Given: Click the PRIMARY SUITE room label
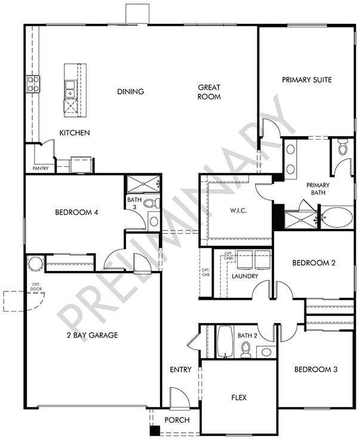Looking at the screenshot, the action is [x=307, y=79].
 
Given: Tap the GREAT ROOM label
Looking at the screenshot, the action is [x=209, y=92].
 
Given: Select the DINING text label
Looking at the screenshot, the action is [x=131, y=91].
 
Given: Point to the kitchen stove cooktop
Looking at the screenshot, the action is [x=33, y=84].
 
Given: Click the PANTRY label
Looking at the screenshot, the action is [x=41, y=168].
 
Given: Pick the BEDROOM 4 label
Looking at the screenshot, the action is [x=76, y=212].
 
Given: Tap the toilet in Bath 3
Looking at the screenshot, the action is [x=152, y=203].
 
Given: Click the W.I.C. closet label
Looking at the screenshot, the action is [x=238, y=211].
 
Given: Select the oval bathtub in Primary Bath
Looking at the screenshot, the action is [x=337, y=217].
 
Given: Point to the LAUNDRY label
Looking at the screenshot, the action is [x=245, y=276].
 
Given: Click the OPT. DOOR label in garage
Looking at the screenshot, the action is [x=36, y=287].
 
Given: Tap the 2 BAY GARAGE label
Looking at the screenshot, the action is [x=93, y=335].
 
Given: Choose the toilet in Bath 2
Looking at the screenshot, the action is [x=246, y=350].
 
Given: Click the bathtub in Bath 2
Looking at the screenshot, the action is [x=225, y=341].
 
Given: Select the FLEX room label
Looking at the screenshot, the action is [x=239, y=398].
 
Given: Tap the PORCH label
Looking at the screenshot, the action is [x=177, y=420].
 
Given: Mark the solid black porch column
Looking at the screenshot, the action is [x=155, y=430].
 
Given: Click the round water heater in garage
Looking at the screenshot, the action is [x=35, y=264].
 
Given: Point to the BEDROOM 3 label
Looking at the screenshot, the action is [x=316, y=370].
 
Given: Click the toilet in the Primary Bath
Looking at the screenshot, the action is [x=343, y=147].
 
